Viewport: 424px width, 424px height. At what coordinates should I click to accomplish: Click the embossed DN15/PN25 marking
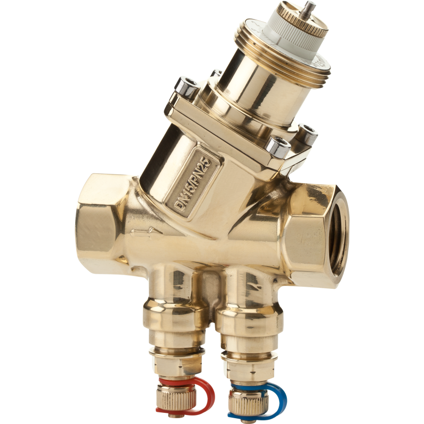click(193, 183)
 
